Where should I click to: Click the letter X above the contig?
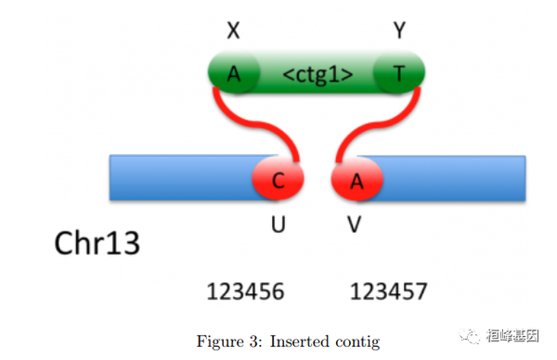[x=233, y=31]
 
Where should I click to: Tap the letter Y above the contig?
[x=400, y=31]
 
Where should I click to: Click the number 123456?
[x=245, y=292]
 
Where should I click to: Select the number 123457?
[x=388, y=292]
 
